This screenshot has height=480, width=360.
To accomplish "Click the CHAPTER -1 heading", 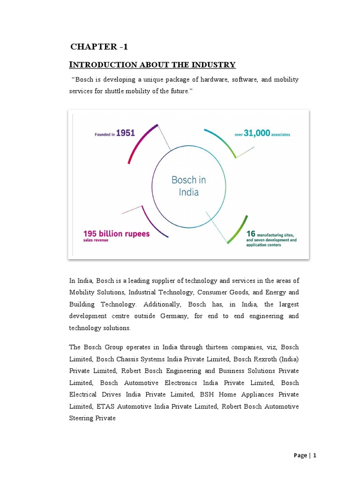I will pos(98,46).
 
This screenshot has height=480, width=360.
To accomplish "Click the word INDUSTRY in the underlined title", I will pos(213,65).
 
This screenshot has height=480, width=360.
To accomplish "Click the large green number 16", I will pos(252,233).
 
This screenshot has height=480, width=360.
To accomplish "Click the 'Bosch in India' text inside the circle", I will pos(188,186).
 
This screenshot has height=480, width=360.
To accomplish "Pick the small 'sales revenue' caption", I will pos(97,240).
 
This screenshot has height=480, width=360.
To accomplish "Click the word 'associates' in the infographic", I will pos(281,135).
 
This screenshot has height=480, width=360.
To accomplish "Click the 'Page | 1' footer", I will pos(305,455).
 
